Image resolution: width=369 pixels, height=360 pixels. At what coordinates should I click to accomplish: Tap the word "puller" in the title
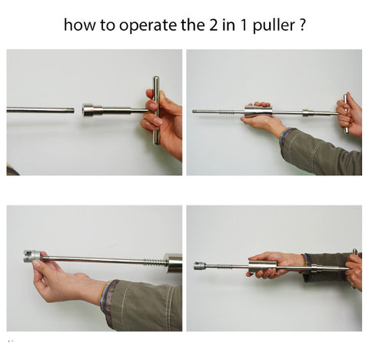click(274, 25)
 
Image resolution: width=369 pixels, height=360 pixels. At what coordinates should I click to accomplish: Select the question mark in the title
click(302, 25)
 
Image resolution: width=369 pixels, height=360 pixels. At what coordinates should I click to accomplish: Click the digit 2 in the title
click(213, 25)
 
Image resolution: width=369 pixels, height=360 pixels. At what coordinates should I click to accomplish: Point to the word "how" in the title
click(80, 25)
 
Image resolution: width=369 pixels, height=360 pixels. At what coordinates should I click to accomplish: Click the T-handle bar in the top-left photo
click(156, 111)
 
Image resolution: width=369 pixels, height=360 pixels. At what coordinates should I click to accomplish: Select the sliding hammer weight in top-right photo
click(258, 112)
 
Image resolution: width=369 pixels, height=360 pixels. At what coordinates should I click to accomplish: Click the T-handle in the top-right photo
click(346, 114)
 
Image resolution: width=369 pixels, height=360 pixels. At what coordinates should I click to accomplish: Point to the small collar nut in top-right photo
click(307, 113)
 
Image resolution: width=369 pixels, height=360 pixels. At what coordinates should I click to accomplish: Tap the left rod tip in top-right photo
click(194, 112)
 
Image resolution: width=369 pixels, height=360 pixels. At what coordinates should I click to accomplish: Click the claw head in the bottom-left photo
click(32, 256)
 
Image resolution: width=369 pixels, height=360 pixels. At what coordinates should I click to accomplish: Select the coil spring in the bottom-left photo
click(155, 262)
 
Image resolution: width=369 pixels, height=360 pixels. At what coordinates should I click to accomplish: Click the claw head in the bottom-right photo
click(199, 265)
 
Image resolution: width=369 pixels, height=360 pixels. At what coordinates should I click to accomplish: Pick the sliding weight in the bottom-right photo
click(263, 268)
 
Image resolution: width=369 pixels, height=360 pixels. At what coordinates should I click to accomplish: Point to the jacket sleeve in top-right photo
click(321, 152)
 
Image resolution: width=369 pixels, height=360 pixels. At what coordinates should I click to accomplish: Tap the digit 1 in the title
click(244, 25)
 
